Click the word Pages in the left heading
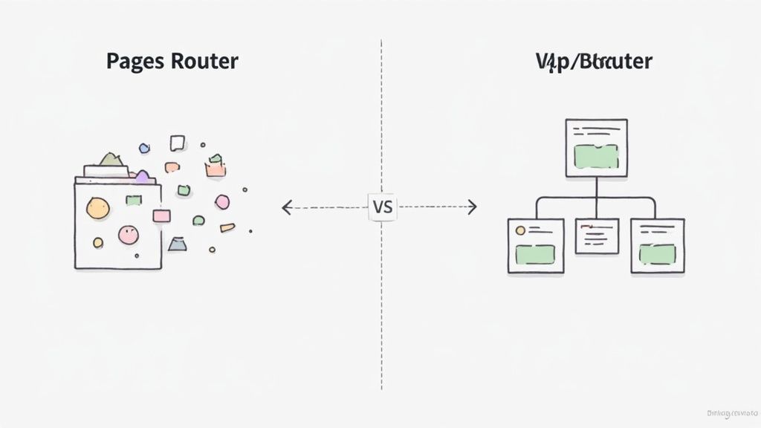pos(136,62)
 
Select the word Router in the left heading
pos(204,61)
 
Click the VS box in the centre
pos(382,207)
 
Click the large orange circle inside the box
pos(97,208)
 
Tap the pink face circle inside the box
pos(128,235)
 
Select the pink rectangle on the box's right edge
pos(161,215)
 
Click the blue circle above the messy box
pos(144,149)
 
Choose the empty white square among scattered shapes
pos(177,143)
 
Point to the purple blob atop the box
pos(142,176)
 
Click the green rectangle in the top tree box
pos(596,157)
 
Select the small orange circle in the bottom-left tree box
pos(520,230)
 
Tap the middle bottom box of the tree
pos(597,236)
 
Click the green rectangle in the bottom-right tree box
pos(657,254)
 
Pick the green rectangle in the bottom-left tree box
pos(535,254)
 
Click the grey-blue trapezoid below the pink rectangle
pos(177,244)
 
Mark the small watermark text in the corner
pos(730,412)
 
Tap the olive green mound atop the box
pos(110,159)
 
